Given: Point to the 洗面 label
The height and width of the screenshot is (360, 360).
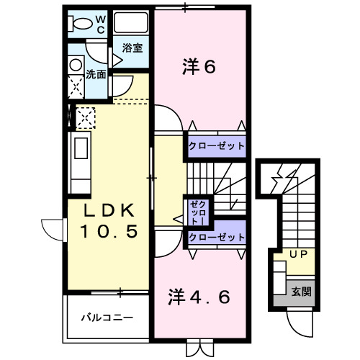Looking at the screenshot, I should click(96, 73).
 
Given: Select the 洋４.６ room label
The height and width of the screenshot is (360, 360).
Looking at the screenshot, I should click(200, 296).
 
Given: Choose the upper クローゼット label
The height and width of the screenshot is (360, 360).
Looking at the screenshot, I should click(217, 146).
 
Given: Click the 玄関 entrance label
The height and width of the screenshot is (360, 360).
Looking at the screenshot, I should click(302, 292).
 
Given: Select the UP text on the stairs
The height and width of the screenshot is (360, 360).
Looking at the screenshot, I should click(297, 255).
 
